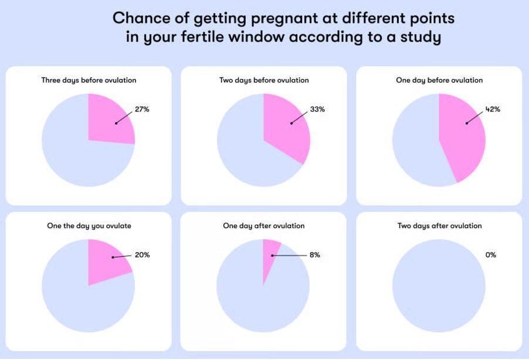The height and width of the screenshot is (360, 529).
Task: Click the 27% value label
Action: click(x=142, y=109)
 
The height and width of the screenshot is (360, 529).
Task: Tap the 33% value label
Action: click(x=317, y=109)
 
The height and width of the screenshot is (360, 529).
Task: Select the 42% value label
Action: click(x=493, y=109)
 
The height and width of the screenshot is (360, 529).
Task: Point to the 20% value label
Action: click(x=142, y=255)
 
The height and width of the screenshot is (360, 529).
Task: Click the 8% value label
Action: click(x=315, y=255)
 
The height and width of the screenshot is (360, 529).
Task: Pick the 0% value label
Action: click(x=490, y=255)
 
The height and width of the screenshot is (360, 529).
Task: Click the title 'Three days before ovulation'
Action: click(x=89, y=80)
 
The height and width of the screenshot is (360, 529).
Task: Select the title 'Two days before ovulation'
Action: click(x=264, y=80)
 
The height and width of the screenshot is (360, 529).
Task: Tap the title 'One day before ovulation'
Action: click(x=439, y=80)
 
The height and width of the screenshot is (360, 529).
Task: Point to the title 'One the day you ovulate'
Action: click(x=89, y=226)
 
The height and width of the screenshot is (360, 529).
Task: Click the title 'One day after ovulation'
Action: click(x=264, y=226)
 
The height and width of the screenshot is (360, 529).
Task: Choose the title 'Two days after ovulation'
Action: click(x=439, y=226)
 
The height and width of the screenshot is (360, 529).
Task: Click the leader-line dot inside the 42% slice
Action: click(x=467, y=123)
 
